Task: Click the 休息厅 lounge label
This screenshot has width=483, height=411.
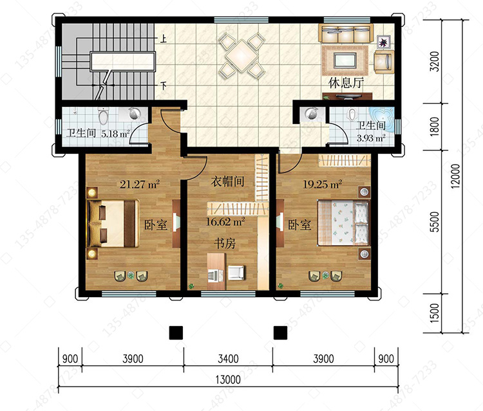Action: point(346,83)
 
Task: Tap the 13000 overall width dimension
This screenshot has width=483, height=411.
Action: point(228,379)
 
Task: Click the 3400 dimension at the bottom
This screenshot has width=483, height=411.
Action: point(228,359)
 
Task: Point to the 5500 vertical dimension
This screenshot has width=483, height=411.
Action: point(434,222)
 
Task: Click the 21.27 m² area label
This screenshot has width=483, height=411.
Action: point(140,184)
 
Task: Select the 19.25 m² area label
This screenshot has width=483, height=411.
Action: point(322,184)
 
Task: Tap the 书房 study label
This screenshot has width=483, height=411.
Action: point(225,243)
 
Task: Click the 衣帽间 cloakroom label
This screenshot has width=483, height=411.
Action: point(227,181)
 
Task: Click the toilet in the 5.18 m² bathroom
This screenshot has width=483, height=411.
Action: point(103,116)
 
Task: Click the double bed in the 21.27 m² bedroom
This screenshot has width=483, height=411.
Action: point(113,224)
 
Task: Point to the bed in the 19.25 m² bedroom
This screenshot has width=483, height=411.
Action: point(343,223)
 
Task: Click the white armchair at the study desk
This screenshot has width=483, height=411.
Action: point(236,273)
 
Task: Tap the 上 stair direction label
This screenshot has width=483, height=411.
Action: point(164,39)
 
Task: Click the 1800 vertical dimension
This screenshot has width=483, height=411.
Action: point(434,127)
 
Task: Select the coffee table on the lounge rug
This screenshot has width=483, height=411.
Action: point(345,60)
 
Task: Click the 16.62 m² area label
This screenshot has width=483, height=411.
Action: point(225,222)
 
